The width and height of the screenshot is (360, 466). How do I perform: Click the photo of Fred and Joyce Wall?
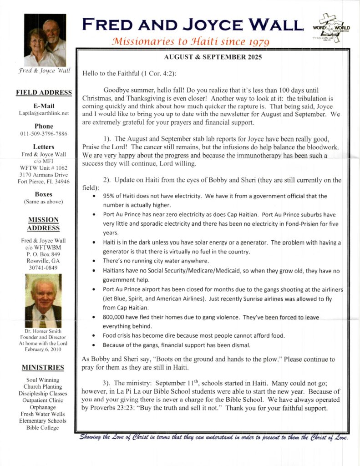(45, 41)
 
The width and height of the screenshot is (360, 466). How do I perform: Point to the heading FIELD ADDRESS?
(44, 92)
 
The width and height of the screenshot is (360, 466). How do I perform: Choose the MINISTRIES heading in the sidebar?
(43, 367)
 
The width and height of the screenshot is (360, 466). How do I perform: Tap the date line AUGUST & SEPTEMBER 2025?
(212, 58)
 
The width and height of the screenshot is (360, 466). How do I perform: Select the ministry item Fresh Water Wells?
(43, 414)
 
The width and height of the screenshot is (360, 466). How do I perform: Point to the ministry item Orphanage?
(43, 407)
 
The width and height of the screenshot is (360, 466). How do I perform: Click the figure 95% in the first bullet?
(109, 196)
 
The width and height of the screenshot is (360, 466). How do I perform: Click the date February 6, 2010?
(43, 349)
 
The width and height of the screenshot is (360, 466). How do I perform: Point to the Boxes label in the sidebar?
(44, 194)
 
